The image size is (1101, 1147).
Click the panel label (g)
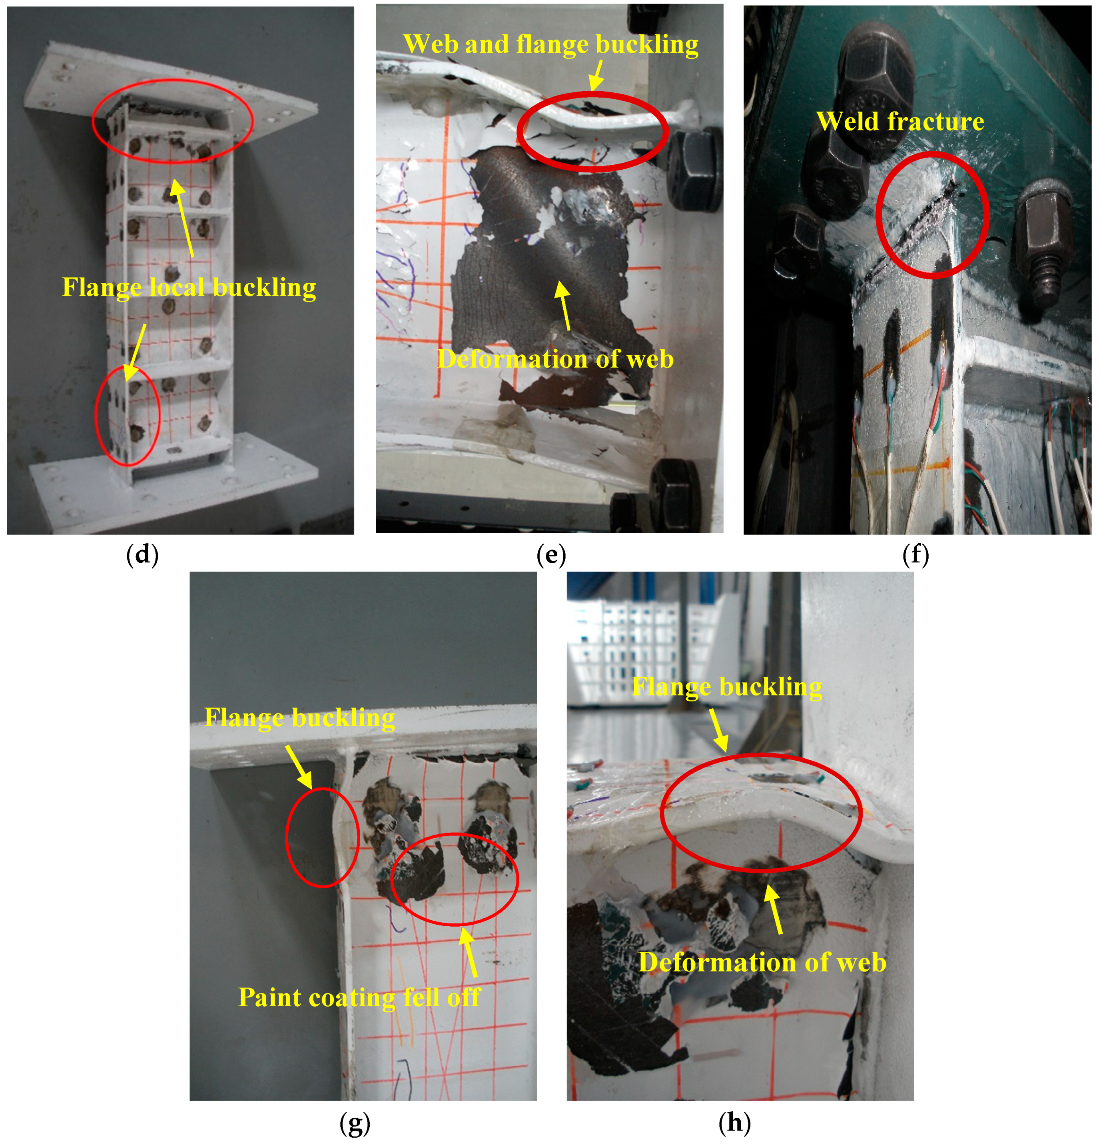tap(355, 1123)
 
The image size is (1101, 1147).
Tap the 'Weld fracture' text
tap(900, 122)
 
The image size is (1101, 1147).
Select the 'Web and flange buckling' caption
tap(550, 44)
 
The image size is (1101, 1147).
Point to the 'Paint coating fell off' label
tap(359, 997)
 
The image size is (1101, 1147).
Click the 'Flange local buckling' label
tap(189, 287)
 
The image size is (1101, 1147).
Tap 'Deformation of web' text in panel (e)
tap(555, 359)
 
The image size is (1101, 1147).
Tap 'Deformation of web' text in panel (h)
tap(762, 963)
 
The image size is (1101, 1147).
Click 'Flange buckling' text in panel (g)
tap(299, 718)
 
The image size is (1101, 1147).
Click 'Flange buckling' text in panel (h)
tap(726, 686)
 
